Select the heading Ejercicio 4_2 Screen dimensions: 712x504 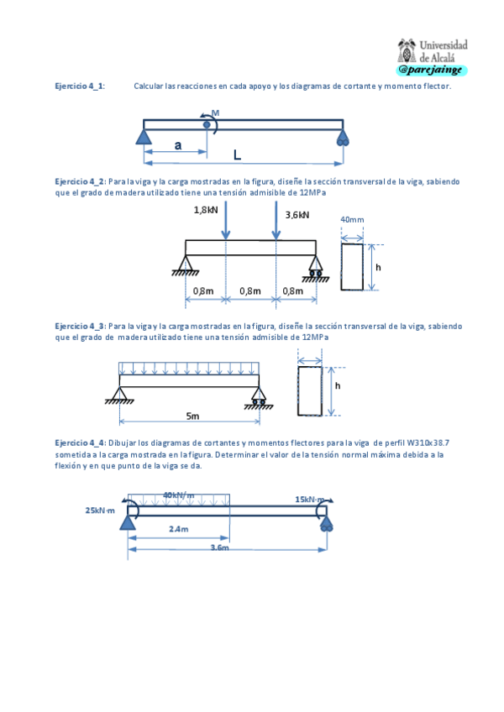click(80, 181)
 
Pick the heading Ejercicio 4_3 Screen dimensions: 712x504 click(80, 326)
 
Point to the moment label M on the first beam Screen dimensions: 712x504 click(215, 113)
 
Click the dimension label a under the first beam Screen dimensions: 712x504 click(177, 144)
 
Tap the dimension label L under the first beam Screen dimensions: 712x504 click(237, 155)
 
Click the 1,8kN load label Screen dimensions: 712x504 click(205, 210)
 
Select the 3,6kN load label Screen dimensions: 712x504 click(297, 215)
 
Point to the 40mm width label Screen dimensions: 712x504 click(352, 220)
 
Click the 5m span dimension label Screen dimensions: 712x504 click(192, 416)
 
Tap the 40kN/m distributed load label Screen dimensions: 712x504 click(179, 495)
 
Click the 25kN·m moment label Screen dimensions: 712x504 click(101, 510)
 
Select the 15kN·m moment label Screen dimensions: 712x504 click(310, 500)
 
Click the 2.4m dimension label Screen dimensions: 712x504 click(178, 529)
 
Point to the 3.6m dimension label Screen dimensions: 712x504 click(219, 547)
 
